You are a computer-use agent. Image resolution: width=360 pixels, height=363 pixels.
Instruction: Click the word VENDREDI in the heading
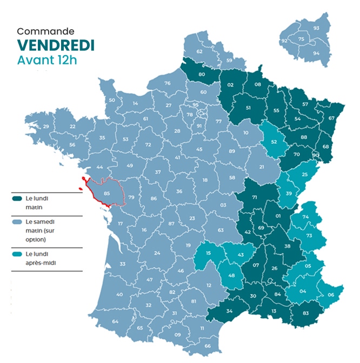pyautogui.click(x=56, y=45)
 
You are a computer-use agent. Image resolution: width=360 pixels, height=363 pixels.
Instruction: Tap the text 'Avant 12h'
pyautogui.click(x=47, y=60)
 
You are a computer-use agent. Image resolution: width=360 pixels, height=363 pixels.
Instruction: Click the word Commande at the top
pyautogui.click(x=45, y=31)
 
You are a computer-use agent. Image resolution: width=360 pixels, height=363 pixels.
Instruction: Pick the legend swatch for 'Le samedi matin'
pyautogui.click(x=17, y=221)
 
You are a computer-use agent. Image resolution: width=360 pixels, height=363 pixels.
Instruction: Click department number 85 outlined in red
pyautogui.click(x=106, y=193)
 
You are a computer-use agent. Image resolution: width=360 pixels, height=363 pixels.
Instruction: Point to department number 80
pyautogui.click(x=202, y=74)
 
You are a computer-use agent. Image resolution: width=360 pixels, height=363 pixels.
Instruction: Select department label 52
pyautogui.click(x=274, y=142)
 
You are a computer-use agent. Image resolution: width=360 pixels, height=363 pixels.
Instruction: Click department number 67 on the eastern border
pyautogui.click(x=331, y=118)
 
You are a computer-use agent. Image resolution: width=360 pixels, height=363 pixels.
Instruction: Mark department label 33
pyautogui.click(x=122, y=264)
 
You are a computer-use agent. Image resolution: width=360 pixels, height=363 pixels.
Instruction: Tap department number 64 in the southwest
pyautogui.click(x=115, y=321)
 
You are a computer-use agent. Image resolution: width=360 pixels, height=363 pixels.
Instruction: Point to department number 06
pyautogui.click(x=331, y=295)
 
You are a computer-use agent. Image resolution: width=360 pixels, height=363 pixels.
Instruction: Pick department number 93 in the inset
pyautogui.click(x=316, y=28)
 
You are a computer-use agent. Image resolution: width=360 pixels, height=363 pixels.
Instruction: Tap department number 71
pyautogui.click(x=254, y=198)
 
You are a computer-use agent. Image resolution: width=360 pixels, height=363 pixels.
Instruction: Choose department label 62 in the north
pyautogui.click(x=199, y=51)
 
